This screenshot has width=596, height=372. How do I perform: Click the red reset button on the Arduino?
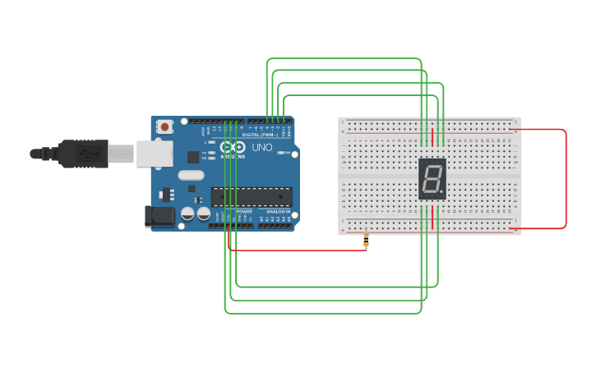165,126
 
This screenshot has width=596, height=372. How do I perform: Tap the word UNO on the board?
261,148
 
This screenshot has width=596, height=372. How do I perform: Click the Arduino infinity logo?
233,147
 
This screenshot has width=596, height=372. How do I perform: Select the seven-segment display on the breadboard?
432,178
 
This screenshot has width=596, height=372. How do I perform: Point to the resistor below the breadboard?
366,241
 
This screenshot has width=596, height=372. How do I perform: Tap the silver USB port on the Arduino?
154,153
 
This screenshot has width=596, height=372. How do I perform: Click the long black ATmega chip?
252,196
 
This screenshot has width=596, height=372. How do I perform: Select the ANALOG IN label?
275,211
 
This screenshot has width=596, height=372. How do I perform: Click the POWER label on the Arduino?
244,211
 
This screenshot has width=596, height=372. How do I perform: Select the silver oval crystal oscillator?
190,175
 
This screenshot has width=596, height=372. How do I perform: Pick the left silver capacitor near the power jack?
188,214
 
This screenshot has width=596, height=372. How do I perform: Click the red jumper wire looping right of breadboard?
566,178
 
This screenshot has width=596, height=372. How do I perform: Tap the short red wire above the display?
432,136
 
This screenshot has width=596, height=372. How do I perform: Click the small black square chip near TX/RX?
193,156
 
